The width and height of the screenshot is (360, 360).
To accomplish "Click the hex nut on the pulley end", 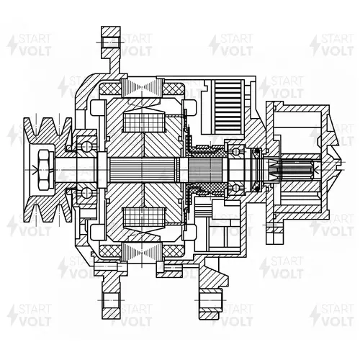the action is (45, 170).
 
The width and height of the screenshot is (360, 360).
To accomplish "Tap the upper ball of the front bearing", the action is (86, 146).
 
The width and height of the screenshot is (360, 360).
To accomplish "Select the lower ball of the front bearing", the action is (86, 193).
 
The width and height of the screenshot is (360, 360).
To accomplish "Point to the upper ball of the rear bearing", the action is (236, 152).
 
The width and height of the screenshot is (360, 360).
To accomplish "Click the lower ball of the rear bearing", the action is (236, 188).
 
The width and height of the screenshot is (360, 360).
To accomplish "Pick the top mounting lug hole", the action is (111, 42).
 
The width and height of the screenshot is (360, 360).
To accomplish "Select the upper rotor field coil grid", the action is (144, 122).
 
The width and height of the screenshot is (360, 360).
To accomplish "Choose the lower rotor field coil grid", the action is (144, 217).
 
